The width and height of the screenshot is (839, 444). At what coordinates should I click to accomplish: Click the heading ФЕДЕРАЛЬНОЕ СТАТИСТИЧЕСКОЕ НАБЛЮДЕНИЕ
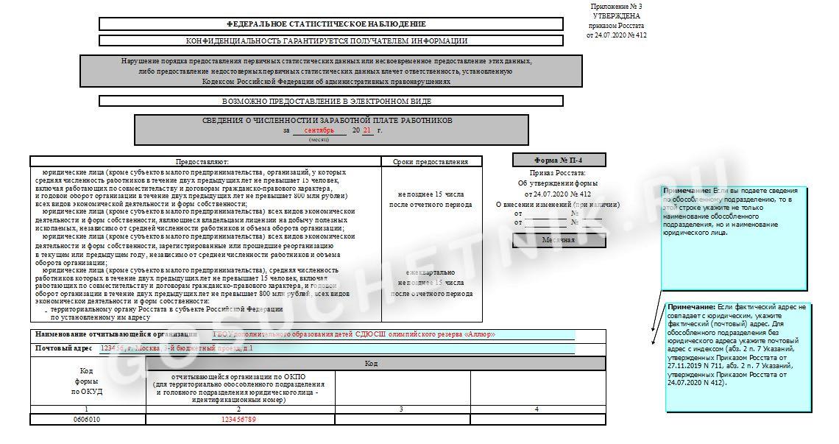[330, 24]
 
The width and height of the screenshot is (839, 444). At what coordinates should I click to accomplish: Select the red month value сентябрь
[319, 130]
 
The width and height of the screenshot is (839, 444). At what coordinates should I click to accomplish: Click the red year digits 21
[367, 130]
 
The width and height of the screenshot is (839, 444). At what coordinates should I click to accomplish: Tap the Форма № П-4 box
[559, 160]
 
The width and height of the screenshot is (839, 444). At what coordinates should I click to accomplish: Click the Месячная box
[559, 240]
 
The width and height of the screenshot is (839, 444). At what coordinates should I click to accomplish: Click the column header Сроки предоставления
[431, 161]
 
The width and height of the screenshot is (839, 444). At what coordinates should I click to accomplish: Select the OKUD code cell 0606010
[88, 419]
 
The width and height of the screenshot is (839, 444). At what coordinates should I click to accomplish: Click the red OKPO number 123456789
[239, 419]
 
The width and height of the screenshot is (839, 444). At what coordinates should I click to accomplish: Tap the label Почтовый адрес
[64, 348]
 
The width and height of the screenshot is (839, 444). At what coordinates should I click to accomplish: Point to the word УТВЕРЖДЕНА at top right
[616, 15]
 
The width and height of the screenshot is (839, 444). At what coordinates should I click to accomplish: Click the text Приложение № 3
[616, 6]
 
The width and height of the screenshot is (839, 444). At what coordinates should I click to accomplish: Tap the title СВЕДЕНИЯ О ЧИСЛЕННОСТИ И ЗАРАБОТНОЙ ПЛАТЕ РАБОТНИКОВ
[328, 120]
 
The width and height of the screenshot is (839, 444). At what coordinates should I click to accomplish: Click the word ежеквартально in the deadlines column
[431, 272]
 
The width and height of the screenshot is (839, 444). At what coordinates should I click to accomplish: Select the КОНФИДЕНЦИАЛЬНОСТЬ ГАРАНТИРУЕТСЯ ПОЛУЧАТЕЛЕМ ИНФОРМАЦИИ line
[327, 40]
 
